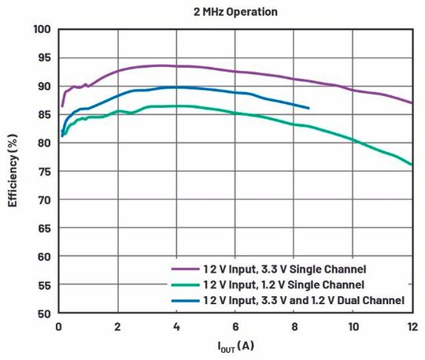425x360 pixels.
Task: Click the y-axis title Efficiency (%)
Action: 13,171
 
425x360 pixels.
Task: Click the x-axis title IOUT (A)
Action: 235,346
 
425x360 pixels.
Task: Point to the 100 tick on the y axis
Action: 42,29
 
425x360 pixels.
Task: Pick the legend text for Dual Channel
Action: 303,300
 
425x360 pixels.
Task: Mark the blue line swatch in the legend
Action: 185,300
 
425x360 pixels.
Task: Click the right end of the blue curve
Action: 309,108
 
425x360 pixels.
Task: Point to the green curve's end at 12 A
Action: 412,165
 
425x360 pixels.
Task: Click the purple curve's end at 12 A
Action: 412,102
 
